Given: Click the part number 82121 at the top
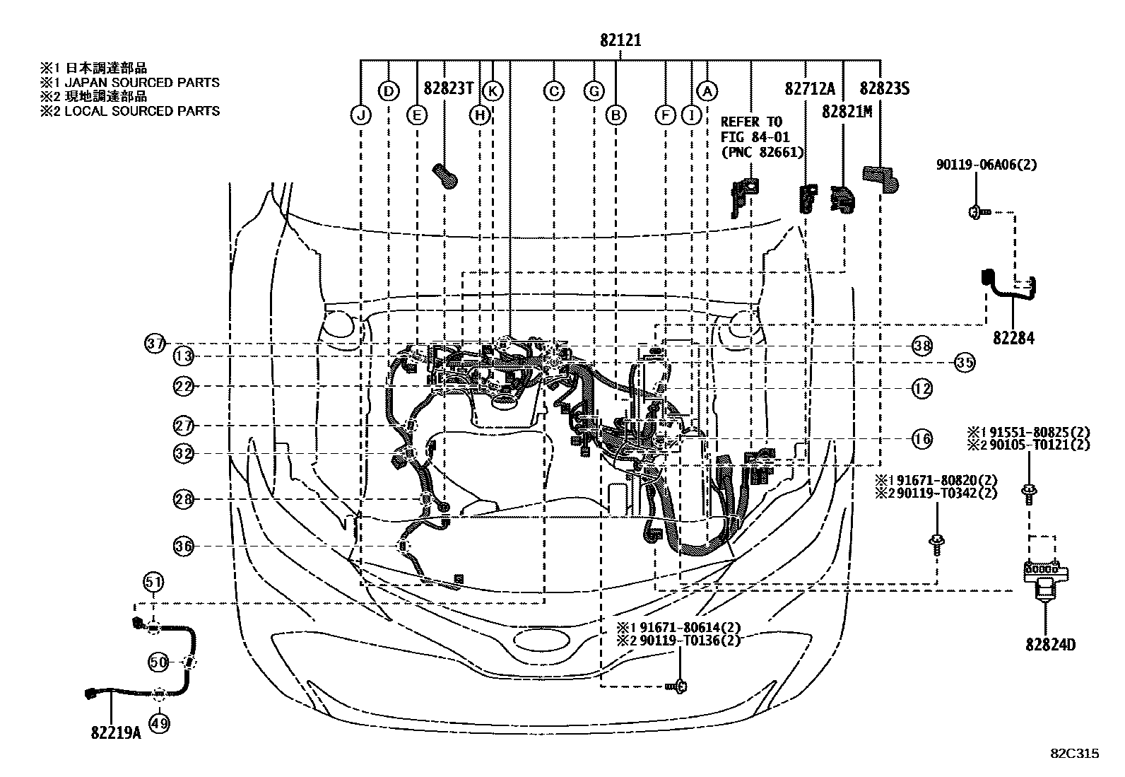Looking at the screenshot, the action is coord(620,40).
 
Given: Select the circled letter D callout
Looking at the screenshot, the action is coord(388,91).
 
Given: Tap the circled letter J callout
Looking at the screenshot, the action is coord(360,115).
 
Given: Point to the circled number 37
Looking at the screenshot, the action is coord(155,344).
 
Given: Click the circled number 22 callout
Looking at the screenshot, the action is coord(183,387).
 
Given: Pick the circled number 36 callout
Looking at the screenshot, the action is coord(183,546).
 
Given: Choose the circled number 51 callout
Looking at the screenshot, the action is coord(153,582).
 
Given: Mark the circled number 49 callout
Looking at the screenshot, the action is coord(159,724).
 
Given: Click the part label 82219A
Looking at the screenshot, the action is coord(116,733).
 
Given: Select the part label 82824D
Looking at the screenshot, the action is coord(1051,645).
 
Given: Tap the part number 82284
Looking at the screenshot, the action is coord(1013,338).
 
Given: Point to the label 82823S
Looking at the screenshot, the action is coord(885,88).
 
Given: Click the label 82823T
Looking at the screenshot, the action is coord(449,88).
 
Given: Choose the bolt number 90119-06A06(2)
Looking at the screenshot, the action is coord(986,164).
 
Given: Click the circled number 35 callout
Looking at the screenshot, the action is coord(965,363).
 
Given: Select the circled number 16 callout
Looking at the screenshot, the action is coord(922,439).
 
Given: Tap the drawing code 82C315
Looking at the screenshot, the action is coord(1075,754).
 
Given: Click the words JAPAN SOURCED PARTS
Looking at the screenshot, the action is coord(142,83).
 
